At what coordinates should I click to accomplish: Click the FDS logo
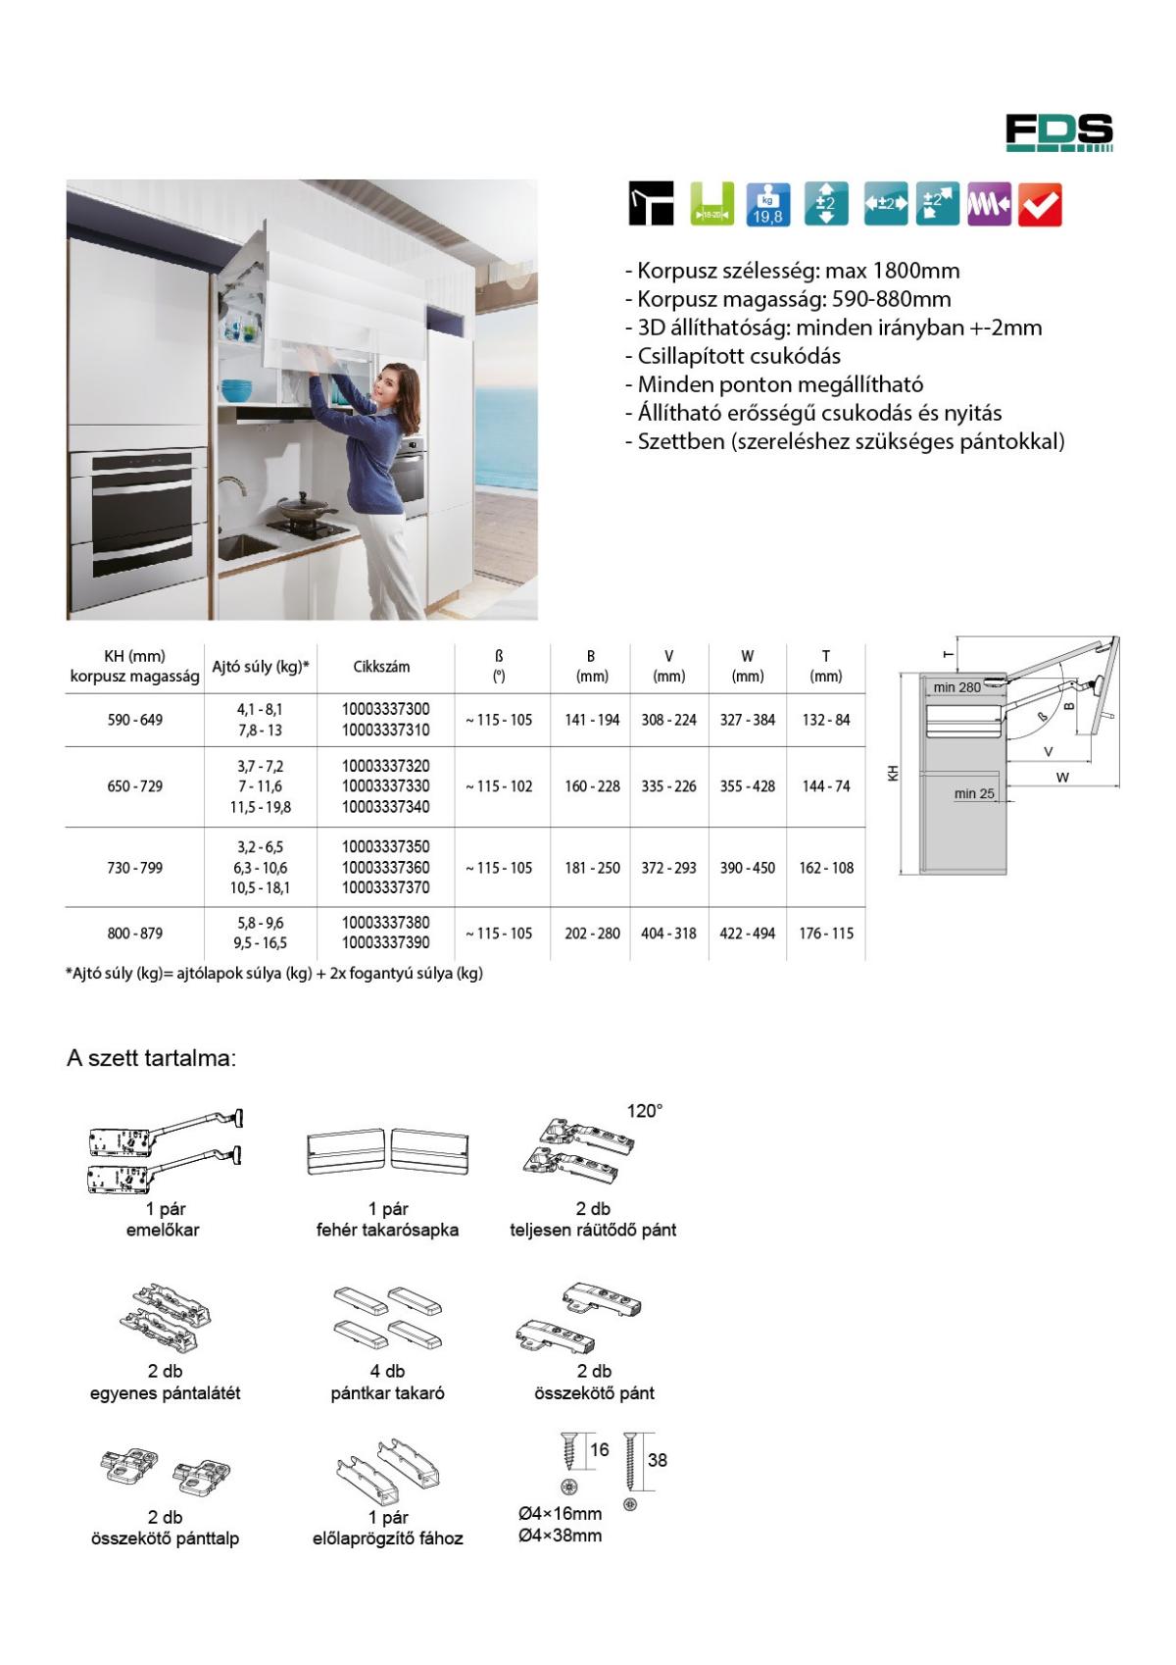tap(1058, 132)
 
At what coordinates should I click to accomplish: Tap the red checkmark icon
tap(1040, 205)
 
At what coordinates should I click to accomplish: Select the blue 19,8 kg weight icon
tap(767, 205)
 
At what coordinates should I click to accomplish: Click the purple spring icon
tap(989, 205)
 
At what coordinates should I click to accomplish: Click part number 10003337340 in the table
tap(385, 807)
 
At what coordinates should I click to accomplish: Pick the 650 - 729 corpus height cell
tap(134, 786)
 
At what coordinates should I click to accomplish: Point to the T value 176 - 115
tap(826, 933)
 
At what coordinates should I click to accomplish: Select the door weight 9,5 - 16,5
tap(261, 943)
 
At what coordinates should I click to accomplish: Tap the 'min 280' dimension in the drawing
tap(956, 687)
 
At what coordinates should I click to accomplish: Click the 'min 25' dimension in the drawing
tap(973, 794)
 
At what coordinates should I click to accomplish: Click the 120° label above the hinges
tap(645, 1111)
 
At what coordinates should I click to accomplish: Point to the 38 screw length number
tap(657, 1460)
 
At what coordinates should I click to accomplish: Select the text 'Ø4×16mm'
tap(560, 1514)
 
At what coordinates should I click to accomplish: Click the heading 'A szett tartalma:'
tap(151, 1059)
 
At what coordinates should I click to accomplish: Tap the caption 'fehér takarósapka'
tap(387, 1230)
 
